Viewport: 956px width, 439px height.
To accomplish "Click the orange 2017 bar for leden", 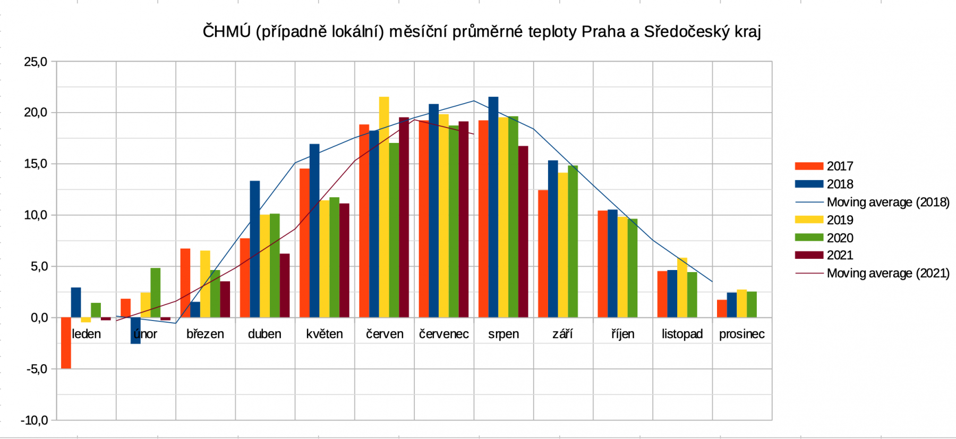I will pos(66,343).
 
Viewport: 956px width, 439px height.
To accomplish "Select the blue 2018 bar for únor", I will pos(135,331).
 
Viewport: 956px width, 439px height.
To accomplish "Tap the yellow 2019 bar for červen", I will pos(384,207).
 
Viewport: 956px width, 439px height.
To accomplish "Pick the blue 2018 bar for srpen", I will pos(493,207).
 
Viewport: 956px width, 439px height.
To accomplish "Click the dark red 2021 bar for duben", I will pos(285,286).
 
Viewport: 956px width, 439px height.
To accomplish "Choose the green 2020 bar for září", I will pos(573,242).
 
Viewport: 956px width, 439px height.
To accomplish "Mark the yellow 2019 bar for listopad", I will pos(682,288).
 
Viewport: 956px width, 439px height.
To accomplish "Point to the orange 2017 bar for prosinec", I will pos(722,309).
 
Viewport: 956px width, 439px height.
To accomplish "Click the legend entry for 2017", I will pos(840,166).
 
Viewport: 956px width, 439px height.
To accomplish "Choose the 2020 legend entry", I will pos(840,238).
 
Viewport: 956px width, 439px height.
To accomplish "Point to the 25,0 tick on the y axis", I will pos(36,62).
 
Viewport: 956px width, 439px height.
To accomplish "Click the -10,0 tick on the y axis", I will pos(35,420).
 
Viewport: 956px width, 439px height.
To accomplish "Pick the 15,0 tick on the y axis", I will pos(36,164).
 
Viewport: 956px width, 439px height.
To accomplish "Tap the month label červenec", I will pos(444,334).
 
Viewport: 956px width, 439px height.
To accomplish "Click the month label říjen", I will pos(622,334).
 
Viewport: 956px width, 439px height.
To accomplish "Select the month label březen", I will pos(205,334).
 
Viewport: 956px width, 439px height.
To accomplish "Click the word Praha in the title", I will pos(603,32).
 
